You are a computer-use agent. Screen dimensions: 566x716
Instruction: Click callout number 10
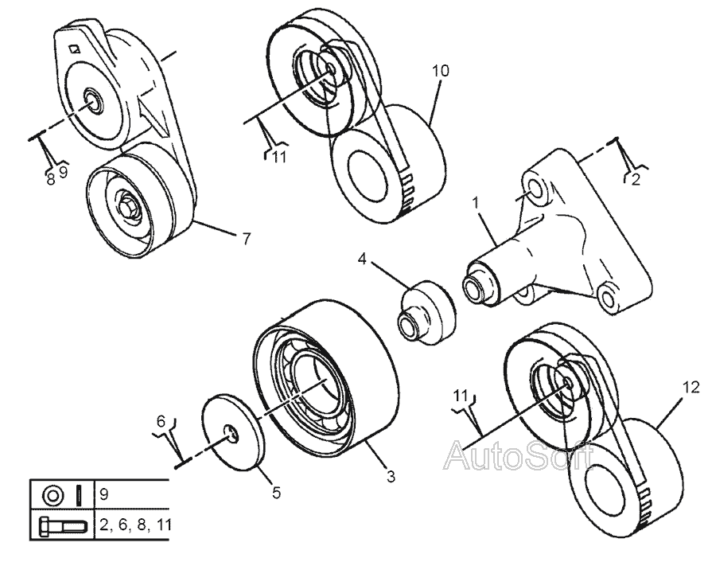[x=440, y=71]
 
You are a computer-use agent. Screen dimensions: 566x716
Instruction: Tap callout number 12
[x=691, y=388]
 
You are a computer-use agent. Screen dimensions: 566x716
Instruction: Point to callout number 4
[x=362, y=258]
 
